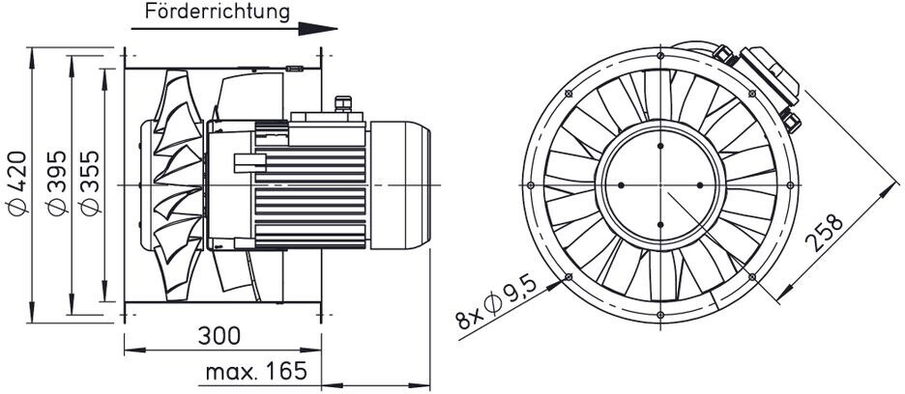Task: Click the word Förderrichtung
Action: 217,13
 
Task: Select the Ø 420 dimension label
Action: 19,183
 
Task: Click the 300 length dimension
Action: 219,335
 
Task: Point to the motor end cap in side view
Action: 398,183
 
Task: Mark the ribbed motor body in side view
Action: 309,183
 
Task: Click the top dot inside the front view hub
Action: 660,145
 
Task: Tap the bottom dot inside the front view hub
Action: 660,224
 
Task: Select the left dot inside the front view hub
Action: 621,184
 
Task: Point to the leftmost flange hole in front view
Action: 529,184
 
